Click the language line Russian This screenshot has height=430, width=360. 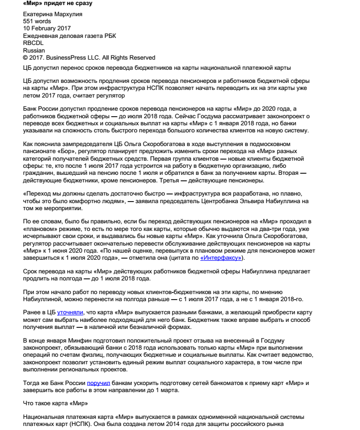pos(34,51)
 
